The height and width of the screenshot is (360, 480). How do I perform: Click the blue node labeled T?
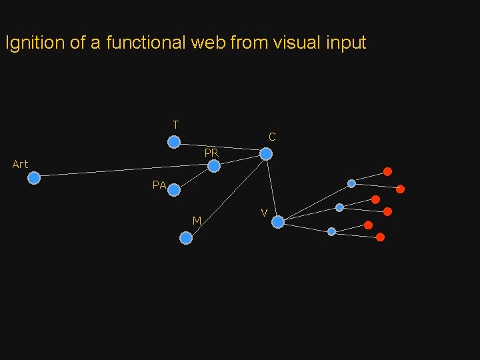pyautogui.click(x=173, y=142)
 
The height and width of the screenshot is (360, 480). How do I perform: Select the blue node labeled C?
pyautogui.click(x=266, y=154)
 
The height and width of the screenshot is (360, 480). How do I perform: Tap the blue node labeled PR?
pyautogui.click(x=214, y=166)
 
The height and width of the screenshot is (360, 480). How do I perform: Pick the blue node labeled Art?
pyautogui.click(x=34, y=177)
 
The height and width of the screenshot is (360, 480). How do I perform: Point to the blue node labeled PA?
pyautogui.click(x=174, y=190)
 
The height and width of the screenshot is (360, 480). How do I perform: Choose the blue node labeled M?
pyautogui.click(x=186, y=238)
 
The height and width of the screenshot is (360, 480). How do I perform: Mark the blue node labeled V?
pyautogui.click(x=278, y=222)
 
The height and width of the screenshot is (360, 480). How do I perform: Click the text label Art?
pyautogui.click(x=20, y=164)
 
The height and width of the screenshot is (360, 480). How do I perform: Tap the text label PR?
pyautogui.click(x=211, y=153)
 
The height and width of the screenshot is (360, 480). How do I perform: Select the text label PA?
pyautogui.click(x=159, y=185)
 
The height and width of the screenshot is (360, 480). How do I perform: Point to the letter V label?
pyautogui.click(x=264, y=213)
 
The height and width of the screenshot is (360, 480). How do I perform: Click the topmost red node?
pyautogui.click(x=387, y=171)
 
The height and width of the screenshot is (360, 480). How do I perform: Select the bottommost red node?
pyautogui.click(x=380, y=237)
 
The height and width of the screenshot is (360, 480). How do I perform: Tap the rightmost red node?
pyautogui.click(x=400, y=189)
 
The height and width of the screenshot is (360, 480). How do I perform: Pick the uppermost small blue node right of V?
pyautogui.click(x=351, y=183)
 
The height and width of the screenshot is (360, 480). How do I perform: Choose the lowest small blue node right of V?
pyautogui.click(x=331, y=231)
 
